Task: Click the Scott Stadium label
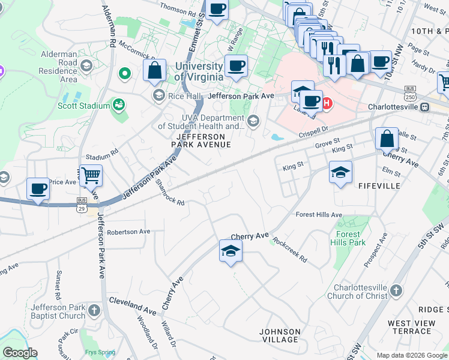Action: [83, 106]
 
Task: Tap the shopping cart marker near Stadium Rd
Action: [91, 176]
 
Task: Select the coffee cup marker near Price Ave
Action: [38, 189]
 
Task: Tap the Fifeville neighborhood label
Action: [379, 187]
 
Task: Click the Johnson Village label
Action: [280, 335]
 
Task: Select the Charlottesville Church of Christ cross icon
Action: [396, 291]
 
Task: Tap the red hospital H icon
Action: [327, 103]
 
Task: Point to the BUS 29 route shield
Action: [81, 204]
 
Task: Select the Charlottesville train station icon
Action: [424, 107]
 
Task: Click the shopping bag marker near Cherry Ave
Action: [387, 139]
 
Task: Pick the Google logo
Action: [20, 353]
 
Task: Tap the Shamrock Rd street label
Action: [170, 192]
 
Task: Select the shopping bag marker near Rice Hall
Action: [154, 70]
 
